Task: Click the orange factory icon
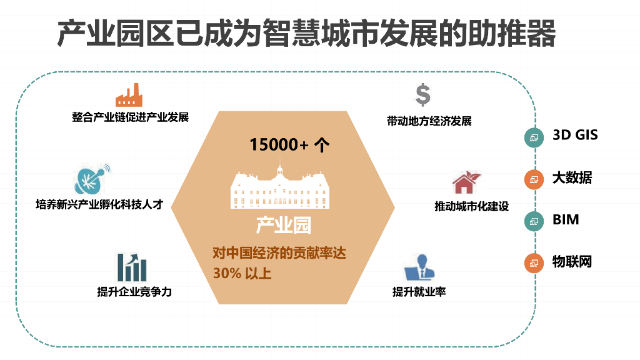[129, 95]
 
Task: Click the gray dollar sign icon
[423, 95]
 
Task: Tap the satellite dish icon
[91, 179]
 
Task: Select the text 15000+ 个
[289, 145]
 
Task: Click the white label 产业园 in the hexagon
[283, 225]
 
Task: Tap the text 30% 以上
[242, 273]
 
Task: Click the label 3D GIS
[575, 135]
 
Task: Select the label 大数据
[572, 178]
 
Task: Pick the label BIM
[566, 220]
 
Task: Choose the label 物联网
[572, 262]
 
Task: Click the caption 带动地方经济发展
[429, 121]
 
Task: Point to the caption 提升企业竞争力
[134, 292]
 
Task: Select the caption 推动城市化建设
[472, 207]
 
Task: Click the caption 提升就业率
[419, 292]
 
